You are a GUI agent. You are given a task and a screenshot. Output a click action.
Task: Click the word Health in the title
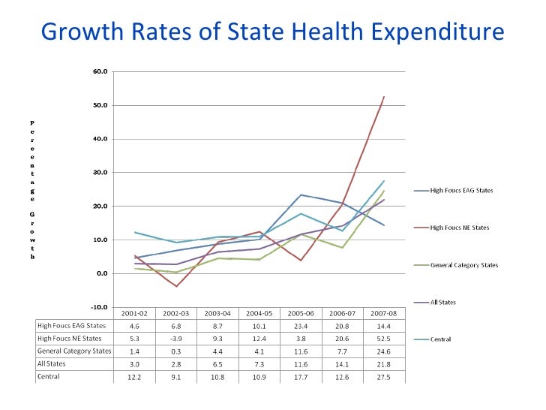point(323,32)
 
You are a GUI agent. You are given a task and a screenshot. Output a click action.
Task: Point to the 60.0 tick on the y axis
point(100,72)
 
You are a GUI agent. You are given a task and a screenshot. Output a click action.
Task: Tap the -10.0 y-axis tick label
point(99,307)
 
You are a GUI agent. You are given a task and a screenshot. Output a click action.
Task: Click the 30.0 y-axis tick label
point(100,173)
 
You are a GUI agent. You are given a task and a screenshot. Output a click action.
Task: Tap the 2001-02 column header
point(133,312)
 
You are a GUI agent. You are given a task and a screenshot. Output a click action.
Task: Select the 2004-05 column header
point(258,312)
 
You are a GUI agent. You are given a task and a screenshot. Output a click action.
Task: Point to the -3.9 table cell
point(175,338)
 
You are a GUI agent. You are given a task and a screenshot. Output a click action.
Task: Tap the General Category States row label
point(73,351)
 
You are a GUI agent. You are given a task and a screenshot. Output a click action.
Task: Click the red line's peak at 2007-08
point(384,97)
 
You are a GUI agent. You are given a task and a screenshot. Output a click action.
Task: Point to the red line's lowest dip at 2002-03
point(177,286)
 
